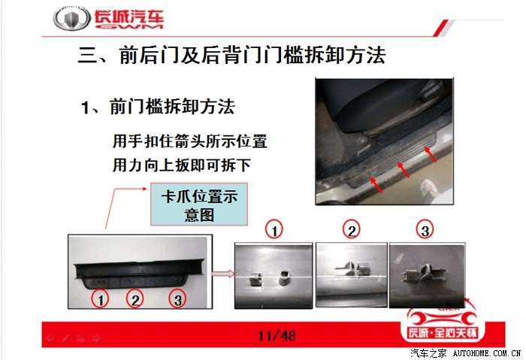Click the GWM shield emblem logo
[x=72, y=19]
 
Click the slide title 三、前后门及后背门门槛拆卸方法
[x=231, y=56]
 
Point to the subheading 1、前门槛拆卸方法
[x=158, y=107]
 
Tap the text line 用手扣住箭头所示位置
[x=190, y=141]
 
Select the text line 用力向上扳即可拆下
[x=182, y=165]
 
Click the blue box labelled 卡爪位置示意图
[x=199, y=204]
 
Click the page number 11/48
[x=277, y=335]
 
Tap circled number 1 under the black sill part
[x=100, y=299]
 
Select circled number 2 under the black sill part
[x=135, y=299]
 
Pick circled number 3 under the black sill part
[x=178, y=299]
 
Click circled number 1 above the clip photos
[x=274, y=230]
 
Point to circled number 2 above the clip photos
[x=351, y=230]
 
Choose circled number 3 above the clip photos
[x=425, y=230]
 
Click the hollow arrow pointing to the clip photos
[x=224, y=274]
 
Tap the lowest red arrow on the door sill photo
[x=376, y=185]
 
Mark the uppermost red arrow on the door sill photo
[x=431, y=154]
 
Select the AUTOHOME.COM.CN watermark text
[x=486, y=353]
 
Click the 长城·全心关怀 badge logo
[x=442, y=322]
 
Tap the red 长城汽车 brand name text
[x=128, y=19]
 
